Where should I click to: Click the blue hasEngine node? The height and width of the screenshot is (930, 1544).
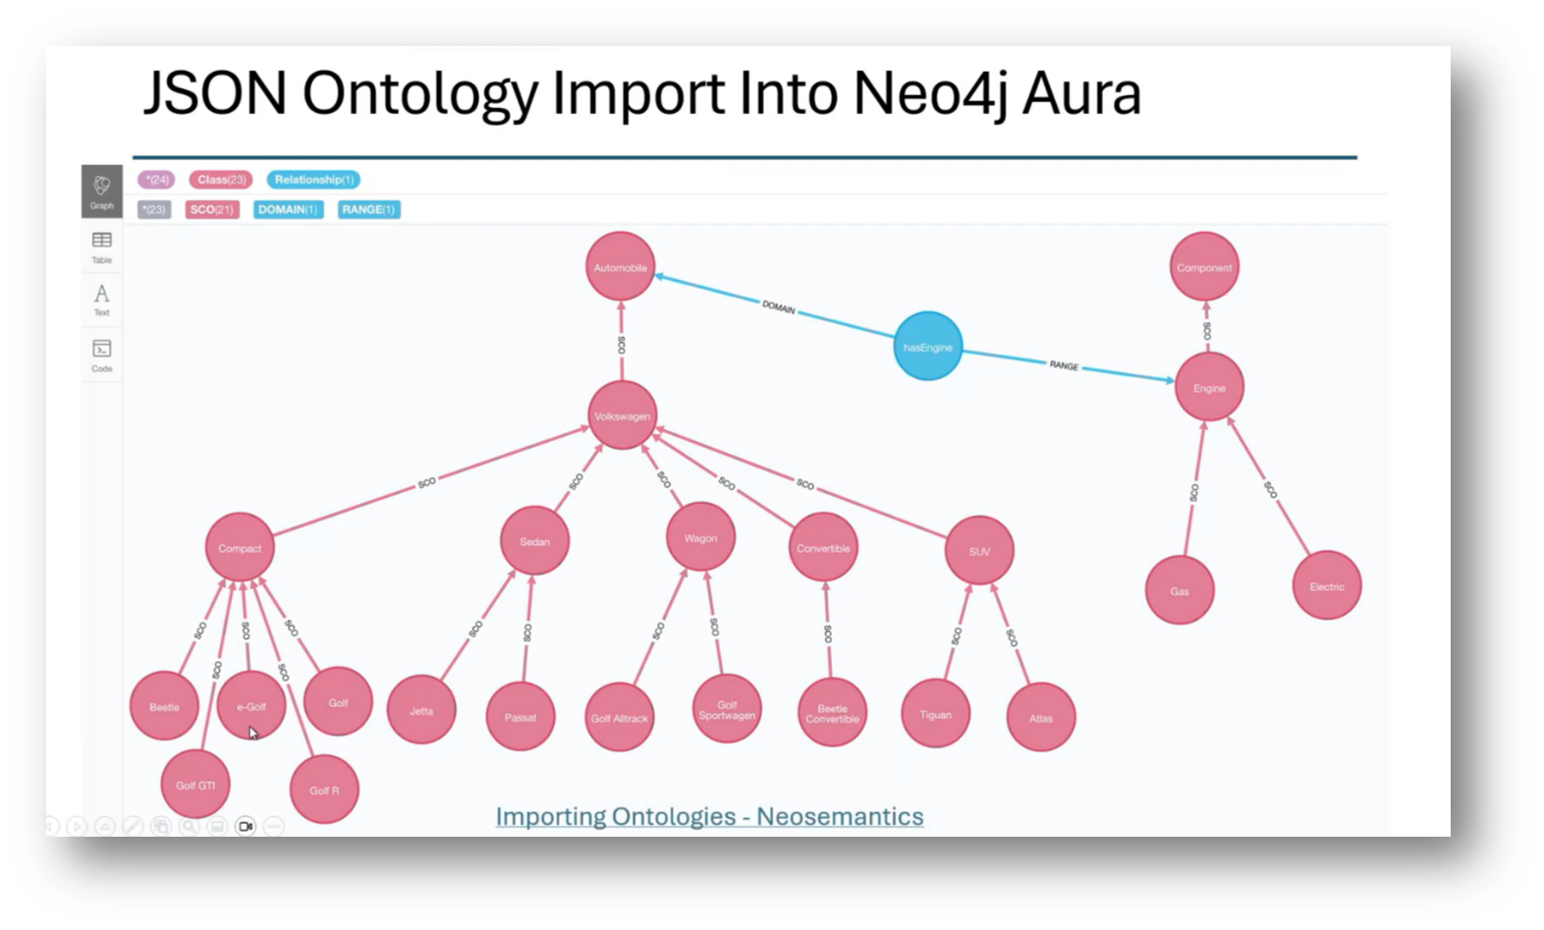(927, 347)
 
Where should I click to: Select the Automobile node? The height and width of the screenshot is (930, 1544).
(620, 267)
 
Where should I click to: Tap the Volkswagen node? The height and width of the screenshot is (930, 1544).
(622, 415)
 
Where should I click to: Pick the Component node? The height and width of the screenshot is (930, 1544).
(1204, 267)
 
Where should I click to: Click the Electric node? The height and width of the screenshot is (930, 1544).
(1326, 586)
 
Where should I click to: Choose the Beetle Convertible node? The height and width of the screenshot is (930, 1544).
(832, 713)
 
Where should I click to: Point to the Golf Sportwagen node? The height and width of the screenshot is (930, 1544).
(727, 709)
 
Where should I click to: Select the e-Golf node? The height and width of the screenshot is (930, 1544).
(250, 706)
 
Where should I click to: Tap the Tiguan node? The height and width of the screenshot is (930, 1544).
(935, 714)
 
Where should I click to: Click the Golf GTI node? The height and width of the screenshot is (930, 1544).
(195, 785)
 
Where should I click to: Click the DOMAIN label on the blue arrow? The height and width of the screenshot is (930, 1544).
(779, 307)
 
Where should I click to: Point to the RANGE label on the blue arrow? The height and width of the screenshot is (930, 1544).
(1064, 365)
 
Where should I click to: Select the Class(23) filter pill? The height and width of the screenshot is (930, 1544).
(221, 180)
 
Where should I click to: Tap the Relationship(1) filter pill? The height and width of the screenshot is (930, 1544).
(313, 180)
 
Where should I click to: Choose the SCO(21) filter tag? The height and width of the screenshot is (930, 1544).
(212, 209)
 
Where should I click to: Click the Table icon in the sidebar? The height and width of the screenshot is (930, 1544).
(102, 246)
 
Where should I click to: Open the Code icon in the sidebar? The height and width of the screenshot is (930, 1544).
(102, 355)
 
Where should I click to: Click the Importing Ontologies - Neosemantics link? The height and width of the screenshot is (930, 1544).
(709, 816)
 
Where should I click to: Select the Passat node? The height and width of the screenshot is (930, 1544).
(521, 717)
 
